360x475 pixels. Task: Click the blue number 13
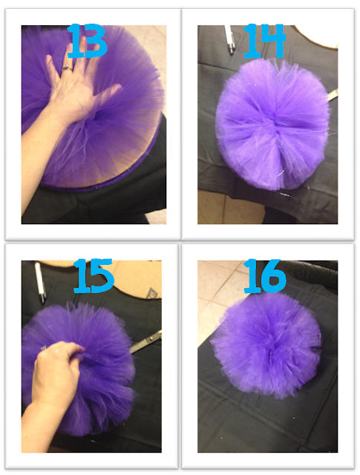87,42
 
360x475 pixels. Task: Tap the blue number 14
264,42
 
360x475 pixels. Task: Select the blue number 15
94,275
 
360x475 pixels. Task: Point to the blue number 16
265,275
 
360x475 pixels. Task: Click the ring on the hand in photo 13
68,68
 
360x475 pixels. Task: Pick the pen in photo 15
39,282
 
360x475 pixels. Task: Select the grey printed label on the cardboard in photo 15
150,294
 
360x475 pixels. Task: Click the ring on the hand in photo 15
44,348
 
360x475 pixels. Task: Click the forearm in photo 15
35,424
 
